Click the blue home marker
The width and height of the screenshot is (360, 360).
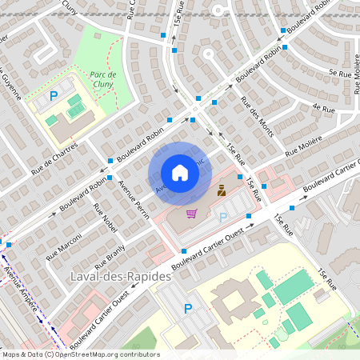pyautogui.click(x=179, y=173)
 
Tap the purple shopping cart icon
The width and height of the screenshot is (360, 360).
pyautogui.click(x=191, y=213)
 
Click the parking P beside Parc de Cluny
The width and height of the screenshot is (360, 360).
pyautogui.click(x=54, y=95)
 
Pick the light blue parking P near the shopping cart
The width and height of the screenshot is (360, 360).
pyautogui.click(x=223, y=216)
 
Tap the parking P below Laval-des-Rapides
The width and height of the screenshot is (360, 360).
pyautogui.click(x=188, y=308)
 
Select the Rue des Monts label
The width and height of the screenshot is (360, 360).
pyautogui.click(x=256, y=117)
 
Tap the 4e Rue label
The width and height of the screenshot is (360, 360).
pyautogui.click(x=322, y=107)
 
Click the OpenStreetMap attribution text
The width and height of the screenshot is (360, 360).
pyautogui.click(x=80, y=354)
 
